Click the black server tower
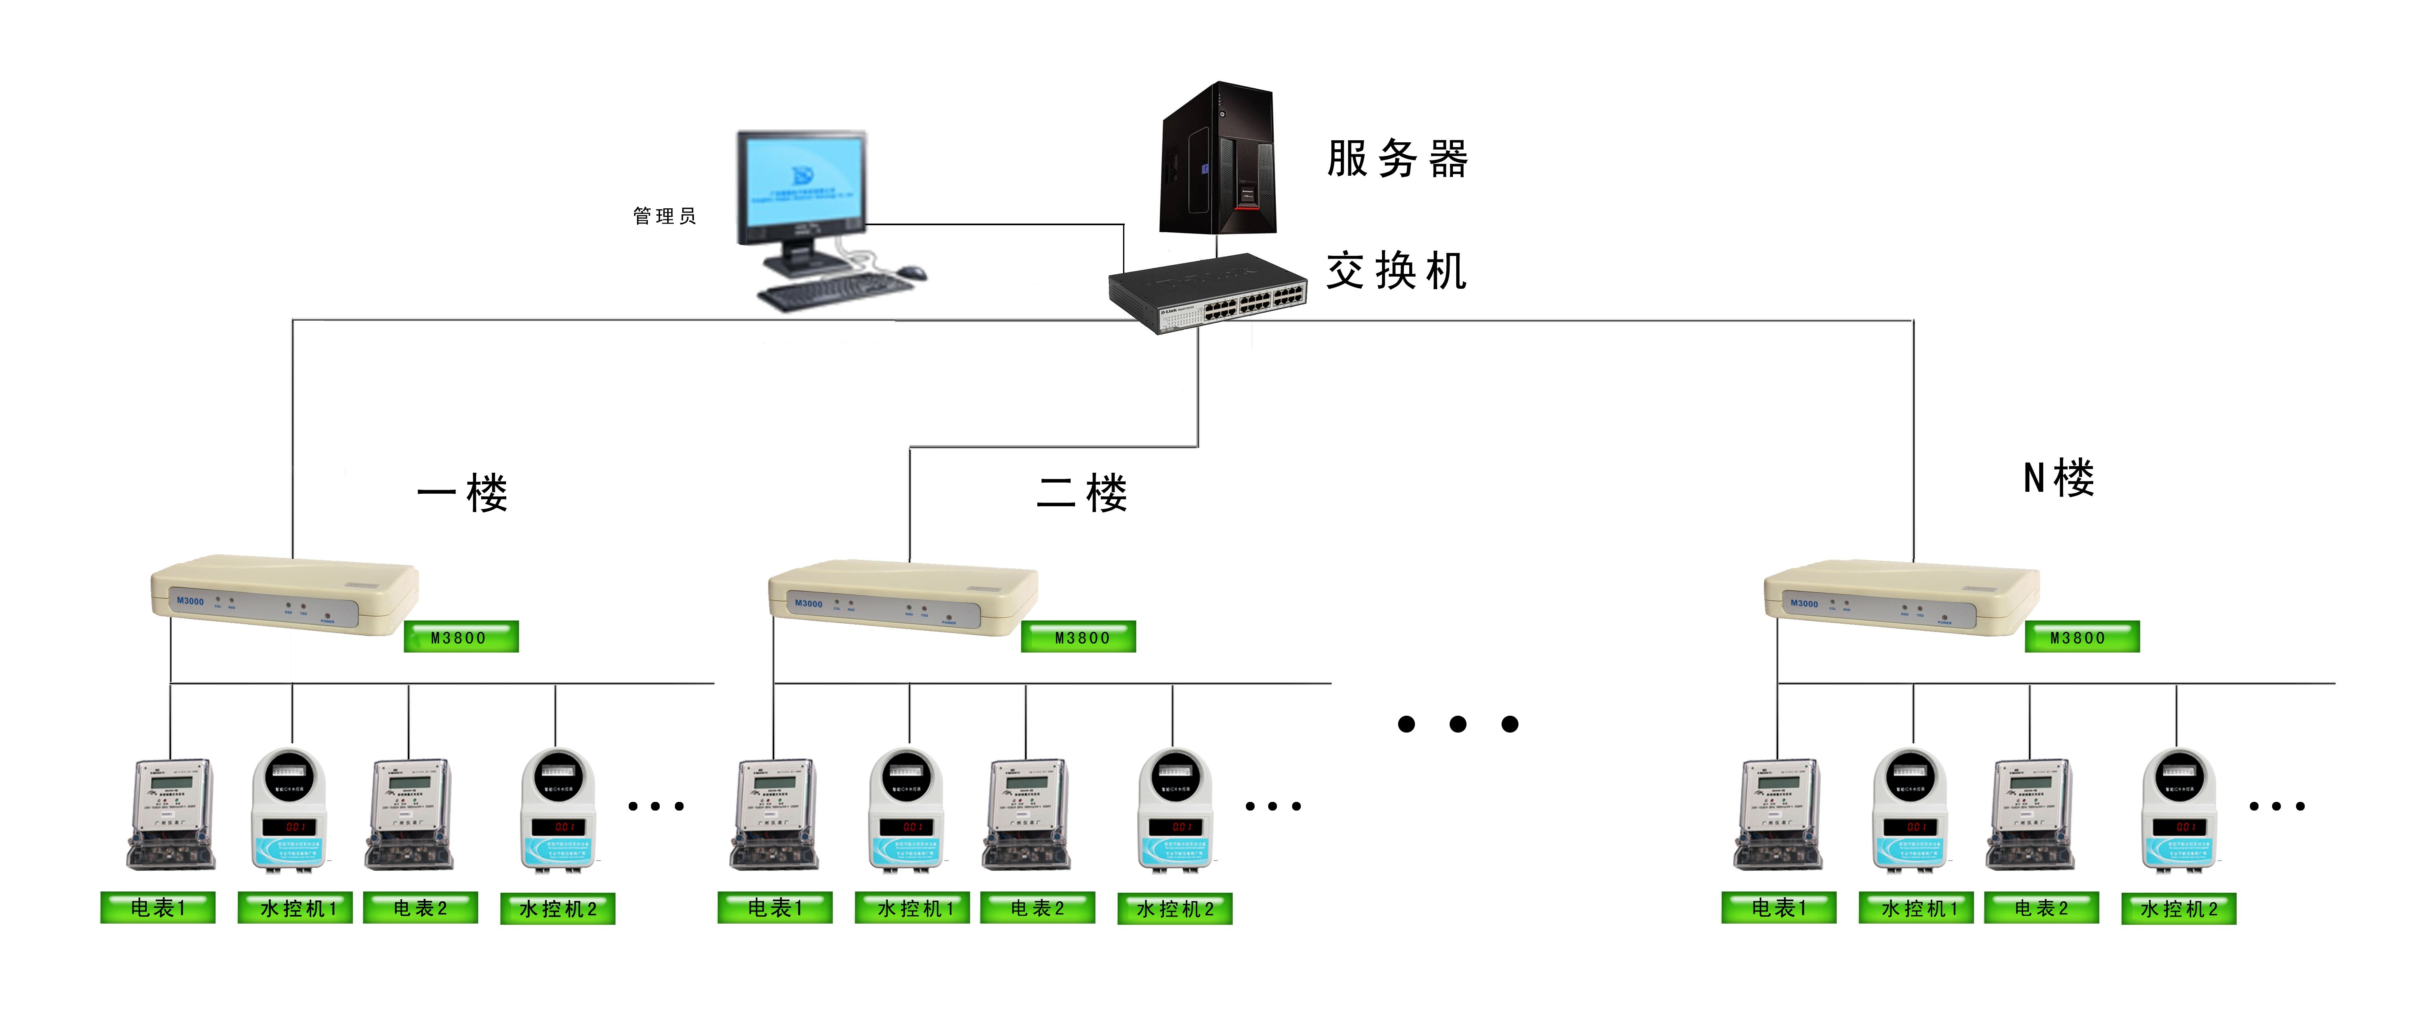(x=1217, y=159)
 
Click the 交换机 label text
(x=1396, y=271)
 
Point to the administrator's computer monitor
(x=801, y=184)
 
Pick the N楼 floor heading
(x=2059, y=478)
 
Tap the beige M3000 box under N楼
(x=1900, y=598)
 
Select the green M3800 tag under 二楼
(x=1079, y=637)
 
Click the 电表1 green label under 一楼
(x=158, y=907)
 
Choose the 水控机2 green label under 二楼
(x=1175, y=909)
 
